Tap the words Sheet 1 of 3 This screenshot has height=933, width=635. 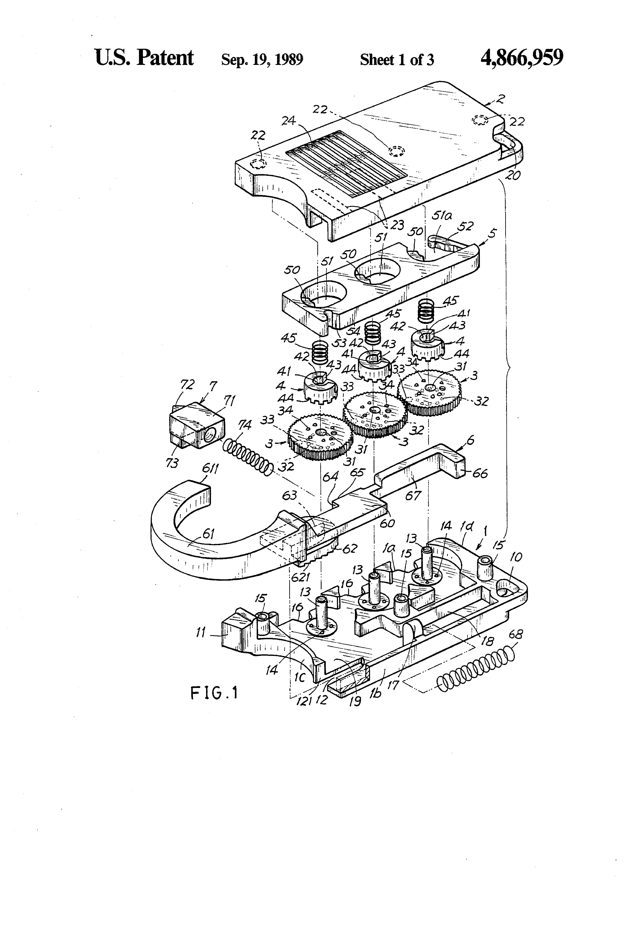click(397, 60)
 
